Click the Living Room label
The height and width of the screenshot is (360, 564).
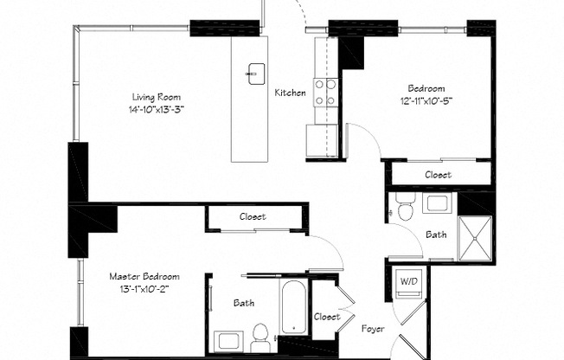[157, 97]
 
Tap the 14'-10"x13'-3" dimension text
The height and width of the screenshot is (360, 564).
[157, 109]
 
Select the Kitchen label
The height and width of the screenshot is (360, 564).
[291, 93]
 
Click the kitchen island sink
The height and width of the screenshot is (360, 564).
[256, 74]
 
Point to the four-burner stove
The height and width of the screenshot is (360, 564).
[326, 93]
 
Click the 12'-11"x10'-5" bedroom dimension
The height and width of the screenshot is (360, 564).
[426, 101]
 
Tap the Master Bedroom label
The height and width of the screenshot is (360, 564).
[144, 276]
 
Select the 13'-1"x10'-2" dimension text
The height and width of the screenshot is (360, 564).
[144, 289]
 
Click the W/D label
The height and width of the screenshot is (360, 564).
[409, 281]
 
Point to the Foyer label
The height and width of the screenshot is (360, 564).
[373, 329]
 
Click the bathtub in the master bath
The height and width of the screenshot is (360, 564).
[294, 307]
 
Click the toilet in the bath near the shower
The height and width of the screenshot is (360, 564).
[406, 206]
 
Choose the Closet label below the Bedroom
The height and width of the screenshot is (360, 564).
[438, 175]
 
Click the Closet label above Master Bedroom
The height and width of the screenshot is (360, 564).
[253, 216]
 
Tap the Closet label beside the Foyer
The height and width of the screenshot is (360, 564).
[327, 317]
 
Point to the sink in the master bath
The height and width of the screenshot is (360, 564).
[228, 342]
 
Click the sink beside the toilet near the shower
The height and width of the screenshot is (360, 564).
[437, 203]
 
